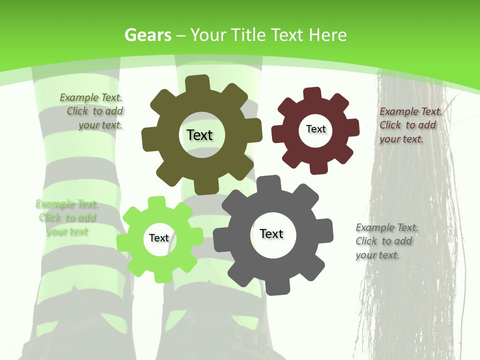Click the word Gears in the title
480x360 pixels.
pyautogui.click(x=147, y=35)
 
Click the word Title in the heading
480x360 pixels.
pyautogui.click(x=248, y=35)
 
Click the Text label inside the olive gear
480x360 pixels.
pyautogui.click(x=199, y=135)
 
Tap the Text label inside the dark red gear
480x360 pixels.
pyautogui.click(x=315, y=129)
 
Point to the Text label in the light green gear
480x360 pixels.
pyautogui.click(x=159, y=238)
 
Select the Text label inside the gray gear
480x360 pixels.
pyautogui.click(x=271, y=233)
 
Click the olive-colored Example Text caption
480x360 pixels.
pyautogui.click(x=92, y=111)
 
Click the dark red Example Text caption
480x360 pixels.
pyautogui.click(x=410, y=125)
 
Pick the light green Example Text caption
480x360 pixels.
pyautogui.click(x=66, y=217)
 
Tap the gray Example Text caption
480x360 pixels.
pyautogui.click(x=386, y=241)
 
